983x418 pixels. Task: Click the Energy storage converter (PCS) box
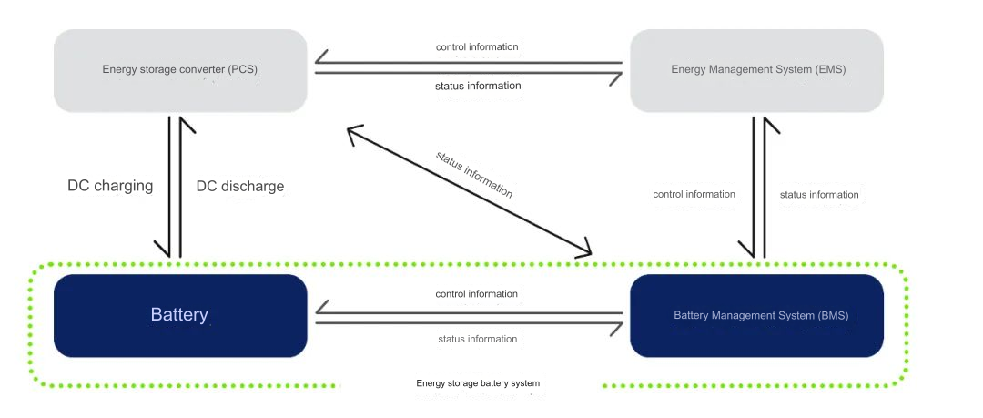coord(180,70)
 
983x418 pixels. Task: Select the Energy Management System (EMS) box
coord(756,70)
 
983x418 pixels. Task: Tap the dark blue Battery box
coord(180,315)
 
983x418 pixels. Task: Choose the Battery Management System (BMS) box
coord(756,315)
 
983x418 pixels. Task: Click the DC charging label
coord(110,186)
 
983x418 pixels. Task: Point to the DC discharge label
coord(240,186)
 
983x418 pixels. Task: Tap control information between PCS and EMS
coord(477,46)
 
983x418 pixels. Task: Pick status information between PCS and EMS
coord(477,86)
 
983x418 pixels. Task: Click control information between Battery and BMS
coord(477,294)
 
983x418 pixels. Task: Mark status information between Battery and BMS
coord(477,339)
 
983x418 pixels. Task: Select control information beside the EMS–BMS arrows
coord(694,194)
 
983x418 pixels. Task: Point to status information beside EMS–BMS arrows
coord(819,194)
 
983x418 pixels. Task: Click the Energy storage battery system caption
coord(478,383)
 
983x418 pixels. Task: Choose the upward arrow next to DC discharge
coord(182,187)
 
